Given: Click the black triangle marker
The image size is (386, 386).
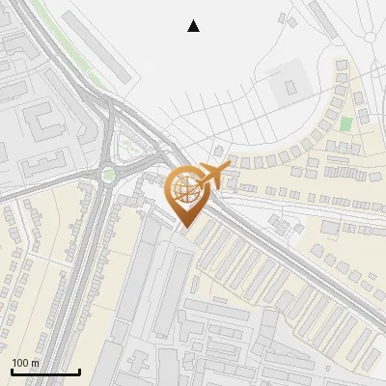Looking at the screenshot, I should [x=194, y=26].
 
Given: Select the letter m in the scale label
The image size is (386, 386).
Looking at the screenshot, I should [x=36, y=363].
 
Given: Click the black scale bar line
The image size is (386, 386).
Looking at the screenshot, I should [x=45, y=372].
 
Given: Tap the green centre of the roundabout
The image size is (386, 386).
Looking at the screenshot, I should [x=108, y=175].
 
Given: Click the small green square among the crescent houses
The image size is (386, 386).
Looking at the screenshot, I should [x=345, y=124].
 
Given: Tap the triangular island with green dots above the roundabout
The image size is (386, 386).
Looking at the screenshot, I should [x=125, y=148].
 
